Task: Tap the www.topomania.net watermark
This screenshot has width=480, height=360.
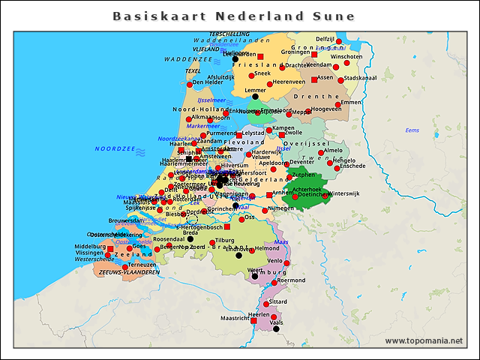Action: pyautogui.click(x=424, y=340)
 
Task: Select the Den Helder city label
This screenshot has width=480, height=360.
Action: pyautogui.click(x=208, y=82)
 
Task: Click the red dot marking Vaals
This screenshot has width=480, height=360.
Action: pyautogui.click(x=276, y=328)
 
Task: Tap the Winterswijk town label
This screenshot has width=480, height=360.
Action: pyautogui.click(x=344, y=193)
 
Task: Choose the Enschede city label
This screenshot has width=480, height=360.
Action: pyautogui.click(x=352, y=166)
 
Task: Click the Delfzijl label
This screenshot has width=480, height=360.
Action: pyautogui.click(x=325, y=39)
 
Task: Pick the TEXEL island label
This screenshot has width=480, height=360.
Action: pyautogui.click(x=193, y=71)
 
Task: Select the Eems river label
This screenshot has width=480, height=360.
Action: pyautogui.click(x=412, y=130)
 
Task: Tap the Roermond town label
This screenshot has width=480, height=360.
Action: pyautogui.click(x=292, y=280)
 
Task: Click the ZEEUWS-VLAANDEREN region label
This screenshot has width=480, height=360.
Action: pyautogui.click(x=129, y=273)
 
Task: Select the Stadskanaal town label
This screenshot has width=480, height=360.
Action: pyautogui.click(x=360, y=78)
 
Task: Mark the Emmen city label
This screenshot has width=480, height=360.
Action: pyautogui.click(x=350, y=102)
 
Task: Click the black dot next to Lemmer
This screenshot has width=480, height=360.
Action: pyautogui.click(x=255, y=96)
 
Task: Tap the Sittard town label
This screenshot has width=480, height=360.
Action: pyautogui.click(x=278, y=301)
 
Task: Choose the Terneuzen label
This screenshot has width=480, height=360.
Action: pyautogui.click(x=142, y=265)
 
